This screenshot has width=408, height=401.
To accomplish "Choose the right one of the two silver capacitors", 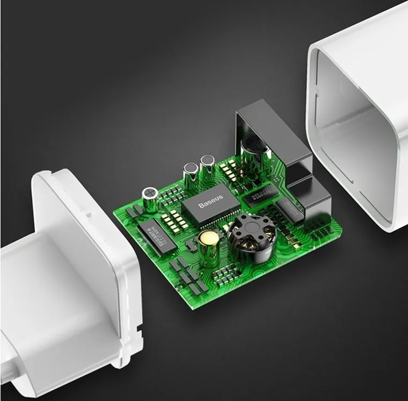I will [x=207, y=166].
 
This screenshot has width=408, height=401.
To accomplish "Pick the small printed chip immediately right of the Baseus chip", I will [x=260, y=196].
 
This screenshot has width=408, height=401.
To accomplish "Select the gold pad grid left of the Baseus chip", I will [x=170, y=218].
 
